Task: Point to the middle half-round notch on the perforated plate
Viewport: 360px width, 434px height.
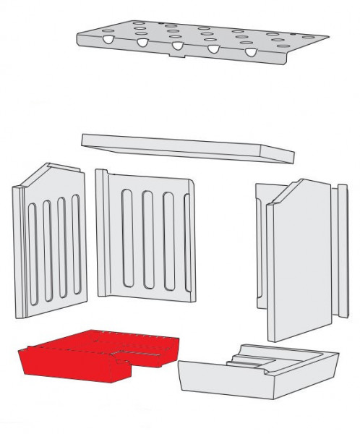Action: point(177,46)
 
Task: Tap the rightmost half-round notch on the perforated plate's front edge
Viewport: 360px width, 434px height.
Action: point(250,53)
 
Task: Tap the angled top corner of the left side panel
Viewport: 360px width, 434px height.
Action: point(43,174)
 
